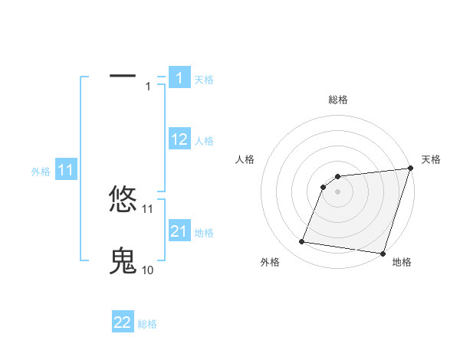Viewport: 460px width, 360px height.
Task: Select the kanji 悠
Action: point(123,199)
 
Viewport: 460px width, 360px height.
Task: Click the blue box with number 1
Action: point(179,77)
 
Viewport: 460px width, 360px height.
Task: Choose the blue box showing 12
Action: point(179,139)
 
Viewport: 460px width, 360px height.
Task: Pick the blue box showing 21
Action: point(179,231)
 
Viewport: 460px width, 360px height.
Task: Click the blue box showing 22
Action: point(123,322)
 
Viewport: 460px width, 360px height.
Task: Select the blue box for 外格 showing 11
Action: point(65,170)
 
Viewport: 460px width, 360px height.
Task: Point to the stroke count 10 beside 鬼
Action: point(147,270)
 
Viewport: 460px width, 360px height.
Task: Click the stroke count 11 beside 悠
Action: point(148,208)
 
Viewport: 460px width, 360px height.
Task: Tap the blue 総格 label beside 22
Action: point(147,324)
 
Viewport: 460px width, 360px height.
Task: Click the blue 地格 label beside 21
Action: point(204,232)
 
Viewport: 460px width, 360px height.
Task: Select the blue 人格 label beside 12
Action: point(204,141)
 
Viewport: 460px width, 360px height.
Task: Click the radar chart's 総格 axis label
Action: point(337,100)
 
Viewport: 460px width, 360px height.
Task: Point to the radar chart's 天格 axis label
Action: point(431,159)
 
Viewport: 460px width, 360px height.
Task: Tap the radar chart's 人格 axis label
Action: point(245,159)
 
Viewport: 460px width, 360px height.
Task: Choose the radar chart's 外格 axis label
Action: point(270,262)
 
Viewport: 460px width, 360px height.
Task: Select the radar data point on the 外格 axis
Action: point(302,242)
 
